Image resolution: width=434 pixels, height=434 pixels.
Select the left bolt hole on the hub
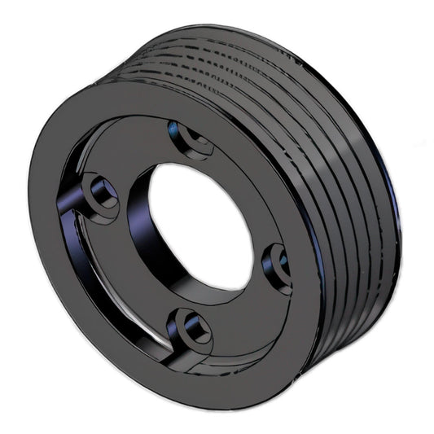(102, 193)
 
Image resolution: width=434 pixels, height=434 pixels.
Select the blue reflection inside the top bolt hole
(173, 128)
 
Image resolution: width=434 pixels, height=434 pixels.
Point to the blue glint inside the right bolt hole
(283, 259)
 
